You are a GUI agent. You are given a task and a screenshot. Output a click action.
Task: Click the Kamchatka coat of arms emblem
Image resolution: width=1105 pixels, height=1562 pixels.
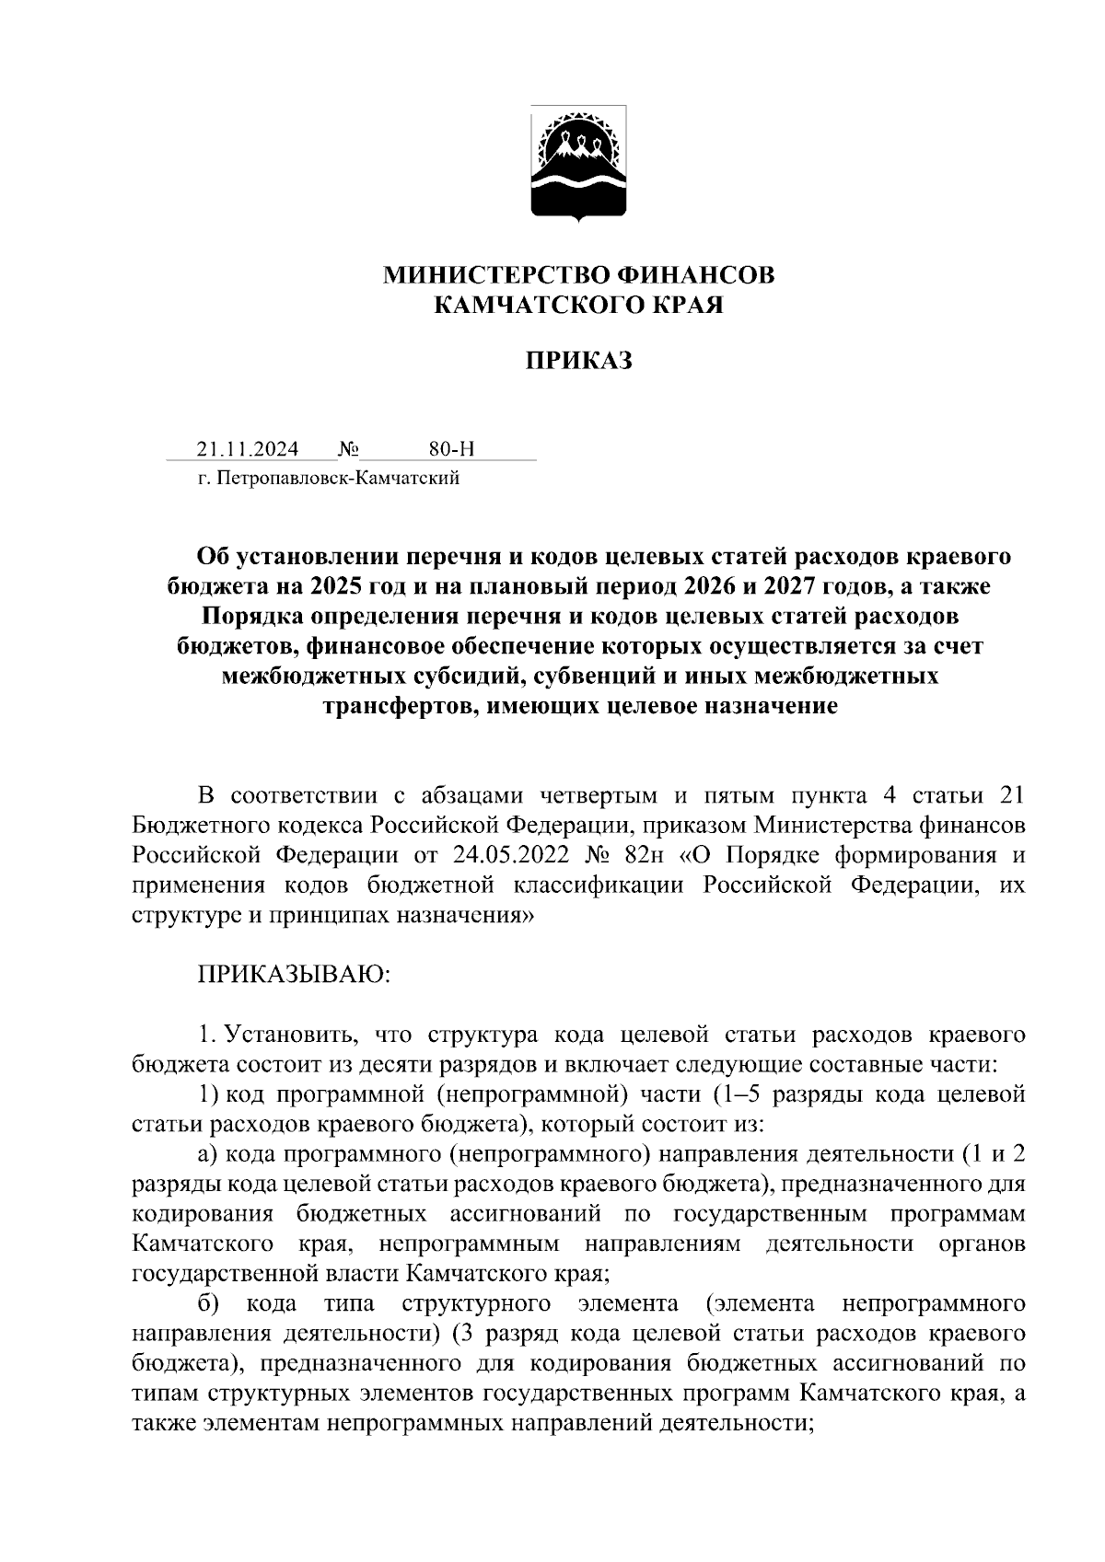click(x=579, y=163)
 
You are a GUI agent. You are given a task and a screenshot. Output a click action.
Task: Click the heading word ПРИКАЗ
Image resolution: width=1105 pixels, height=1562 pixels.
click(x=578, y=362)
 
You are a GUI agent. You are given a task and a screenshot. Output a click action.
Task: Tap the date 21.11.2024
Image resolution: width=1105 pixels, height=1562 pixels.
click(x=247, y=449)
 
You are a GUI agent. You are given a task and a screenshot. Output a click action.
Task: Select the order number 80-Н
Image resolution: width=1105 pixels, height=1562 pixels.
click(x=451, y=449)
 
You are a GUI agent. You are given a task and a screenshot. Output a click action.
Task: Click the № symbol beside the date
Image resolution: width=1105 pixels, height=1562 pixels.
click(x=348, y=449)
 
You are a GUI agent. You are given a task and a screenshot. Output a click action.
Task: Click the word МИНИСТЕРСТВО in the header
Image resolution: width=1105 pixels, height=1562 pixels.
click(x=490, y=275)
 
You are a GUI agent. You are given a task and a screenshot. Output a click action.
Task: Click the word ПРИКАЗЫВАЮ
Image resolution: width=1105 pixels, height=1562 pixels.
click(x=295, y=975)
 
